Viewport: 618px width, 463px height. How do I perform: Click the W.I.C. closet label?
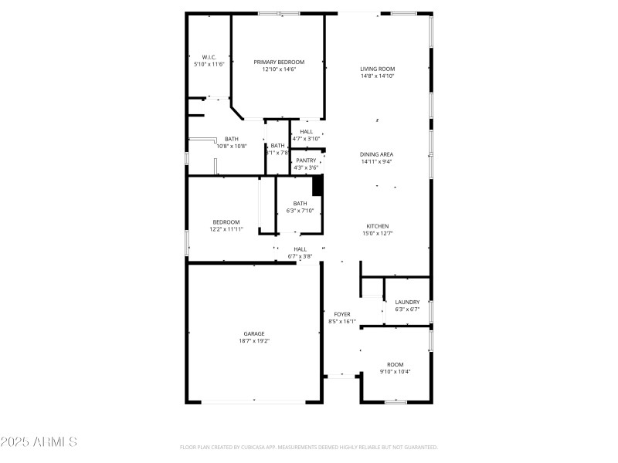pos(209,57)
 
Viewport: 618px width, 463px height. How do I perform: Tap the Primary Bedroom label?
pos(279,62)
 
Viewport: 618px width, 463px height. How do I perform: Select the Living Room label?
pos(377,69)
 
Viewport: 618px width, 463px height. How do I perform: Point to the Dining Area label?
pos(377,154)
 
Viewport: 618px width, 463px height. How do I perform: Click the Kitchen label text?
pos(377,226)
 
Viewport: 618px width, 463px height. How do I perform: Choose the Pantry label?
pos(306,161)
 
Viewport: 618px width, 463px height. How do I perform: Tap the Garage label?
pos(254,333)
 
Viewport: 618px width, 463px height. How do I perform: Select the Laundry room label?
pos(407,302)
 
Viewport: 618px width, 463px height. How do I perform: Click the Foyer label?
pos(341,314)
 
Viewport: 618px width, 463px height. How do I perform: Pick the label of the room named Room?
pos(395,364)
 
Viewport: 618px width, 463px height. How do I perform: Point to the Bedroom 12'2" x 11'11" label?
pos(226,222)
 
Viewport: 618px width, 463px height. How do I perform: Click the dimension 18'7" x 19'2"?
pos(254,340)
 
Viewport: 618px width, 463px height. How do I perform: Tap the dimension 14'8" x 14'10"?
pos(377,76)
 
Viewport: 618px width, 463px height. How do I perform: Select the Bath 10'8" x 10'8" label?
pos(232,139)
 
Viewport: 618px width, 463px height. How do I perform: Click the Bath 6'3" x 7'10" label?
pos(300,204)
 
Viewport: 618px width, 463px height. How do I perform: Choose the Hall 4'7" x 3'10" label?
pos(307,131)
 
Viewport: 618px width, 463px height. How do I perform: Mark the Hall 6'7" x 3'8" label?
pos(300,249)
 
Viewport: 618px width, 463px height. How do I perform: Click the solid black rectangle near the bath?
pos(317,185)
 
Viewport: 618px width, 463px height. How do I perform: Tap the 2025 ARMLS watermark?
pos(39,442)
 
